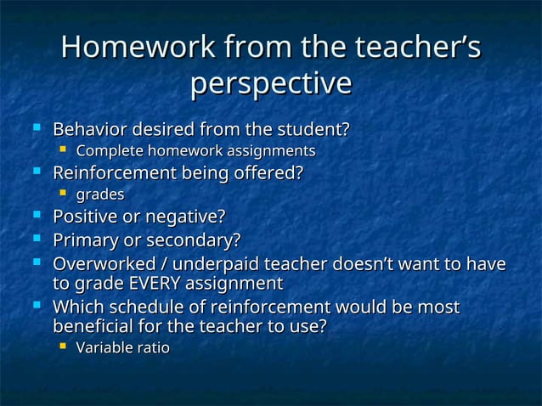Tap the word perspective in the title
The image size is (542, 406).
[x=270, y=83]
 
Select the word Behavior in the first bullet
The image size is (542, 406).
[x=88, y=131]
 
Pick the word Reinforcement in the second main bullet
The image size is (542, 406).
[x=116, y=173]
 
